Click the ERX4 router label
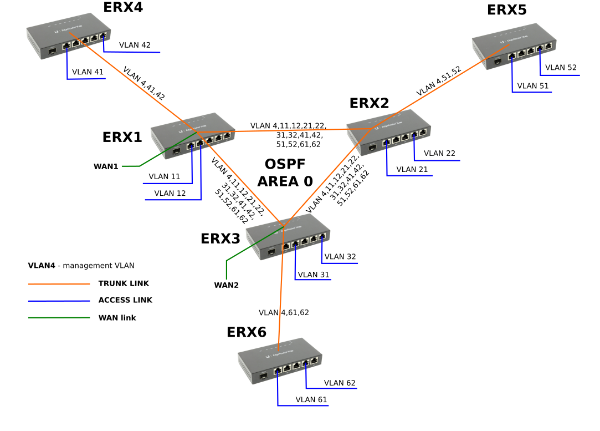pyautogui.click(x=123, y=7)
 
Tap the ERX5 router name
pyautogui.click(x=506, y=10)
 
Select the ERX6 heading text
pyautogui.click(x=247, y=332)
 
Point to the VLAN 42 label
pyautogui.click(x=135, y=45)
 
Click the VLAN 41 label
pyautogui.click(x=88, y=72)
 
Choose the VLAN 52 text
pyautogui.click(x=561, y=68)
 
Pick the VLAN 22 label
pyautogui.click(x=439, y=153)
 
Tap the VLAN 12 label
pyautogui.click(x=170, y=194)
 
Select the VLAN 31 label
pyautogui.click(x=313, y=275)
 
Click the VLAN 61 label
pyautogui.click(x=311, y=399)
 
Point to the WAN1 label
pyautogui.click(x=106, y=166)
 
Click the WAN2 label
pyautogui.click(x=226, y=286)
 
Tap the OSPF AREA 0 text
pyautogui.click(x=285, y=173)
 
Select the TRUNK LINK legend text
pyautogui.click(x=124, y=283)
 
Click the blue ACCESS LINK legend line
pyautogui.click(x=59, y=301)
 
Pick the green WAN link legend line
pyautogui.click(x=59, y=318)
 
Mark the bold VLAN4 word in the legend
pyautogui.click(x=42, y=266)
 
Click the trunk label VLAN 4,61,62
pyautogui.click(x=284, y=313)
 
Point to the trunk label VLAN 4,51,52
pyautogui.click(x=439, y=82)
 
